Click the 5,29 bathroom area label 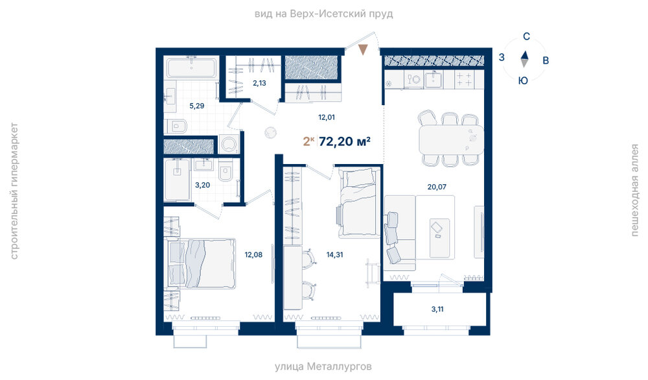[197, 106]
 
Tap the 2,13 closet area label [260, 83]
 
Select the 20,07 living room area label [437, 187]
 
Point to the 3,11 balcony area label [437, 309]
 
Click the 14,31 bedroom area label [335, 255]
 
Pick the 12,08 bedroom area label [253, 255]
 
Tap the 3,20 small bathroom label [202, 185]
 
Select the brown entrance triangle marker [363, 50]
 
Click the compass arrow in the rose [524, 59]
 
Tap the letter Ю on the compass [523, 80]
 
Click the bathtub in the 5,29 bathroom [191, 67]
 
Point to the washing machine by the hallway [229, 145]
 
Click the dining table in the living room [451, 139]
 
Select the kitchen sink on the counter [434, 79]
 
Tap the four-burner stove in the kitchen [464, 79]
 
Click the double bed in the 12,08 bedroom [202, 263]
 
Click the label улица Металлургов [323, 366]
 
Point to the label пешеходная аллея [634, 190]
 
